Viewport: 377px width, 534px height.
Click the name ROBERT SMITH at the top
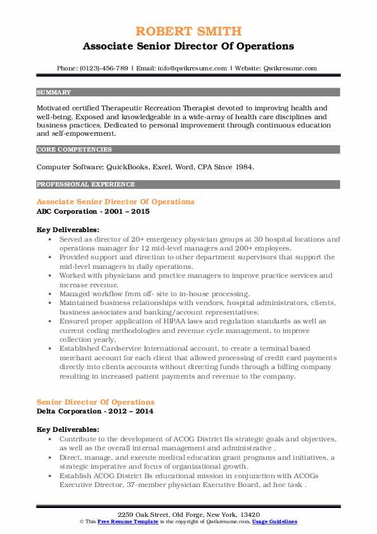tap(188, 30)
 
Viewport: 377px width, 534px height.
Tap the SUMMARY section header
tap(53, 93)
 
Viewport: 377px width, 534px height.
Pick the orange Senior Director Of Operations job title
tap(96, 402)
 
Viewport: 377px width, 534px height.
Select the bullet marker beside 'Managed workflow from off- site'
tap(49, 294)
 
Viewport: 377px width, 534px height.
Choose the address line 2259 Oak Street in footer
tap(188, 514)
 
